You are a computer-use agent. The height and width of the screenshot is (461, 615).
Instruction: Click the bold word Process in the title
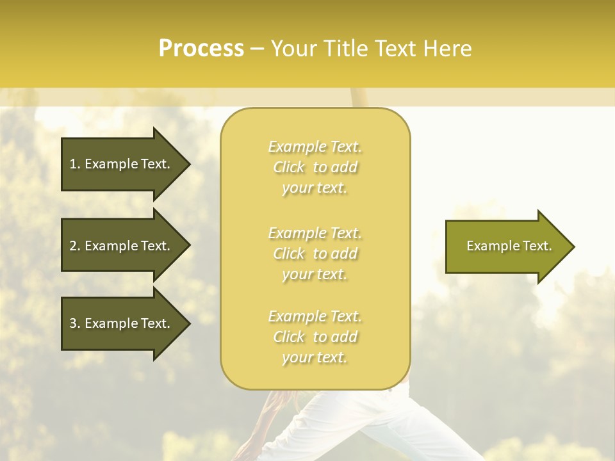(201, 48)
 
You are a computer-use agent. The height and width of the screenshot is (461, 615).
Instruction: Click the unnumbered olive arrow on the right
(506, 246)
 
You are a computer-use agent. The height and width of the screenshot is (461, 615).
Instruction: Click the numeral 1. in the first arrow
(75, 164)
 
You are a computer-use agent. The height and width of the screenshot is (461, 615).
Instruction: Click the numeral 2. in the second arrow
(75, 246)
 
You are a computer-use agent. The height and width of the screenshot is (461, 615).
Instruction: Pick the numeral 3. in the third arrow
(75, 323)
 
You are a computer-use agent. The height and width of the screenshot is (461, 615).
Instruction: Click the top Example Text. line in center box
(315, 147)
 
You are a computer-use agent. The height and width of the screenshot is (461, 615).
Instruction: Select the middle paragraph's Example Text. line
(315, 232)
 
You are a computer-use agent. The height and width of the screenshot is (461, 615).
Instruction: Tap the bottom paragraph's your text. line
(315, 358)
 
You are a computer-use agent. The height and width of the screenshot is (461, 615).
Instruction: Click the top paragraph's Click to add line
(315, 167)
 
